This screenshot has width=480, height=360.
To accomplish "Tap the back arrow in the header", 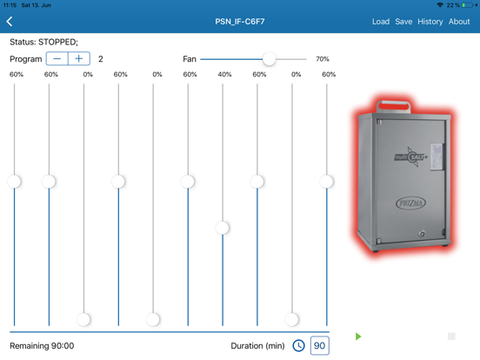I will pyautogui.click(x=10, y=22).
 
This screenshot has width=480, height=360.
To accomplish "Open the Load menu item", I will pyautogui.click(x=381, y=22).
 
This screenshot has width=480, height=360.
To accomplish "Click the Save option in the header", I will pyautogui.click(x=403, y=22).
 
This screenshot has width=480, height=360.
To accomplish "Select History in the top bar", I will pyautogui.click(x=430, y=22).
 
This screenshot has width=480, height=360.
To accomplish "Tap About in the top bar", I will pyautogui.click(x=459, y=22).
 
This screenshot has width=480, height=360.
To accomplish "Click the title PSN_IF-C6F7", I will pyautogui.click(x=240, y=22).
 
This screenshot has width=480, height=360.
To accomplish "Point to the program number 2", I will pyautogui.click(x=101, y=59).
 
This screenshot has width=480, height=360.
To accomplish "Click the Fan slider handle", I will pyautogui.click(x=269, y=59).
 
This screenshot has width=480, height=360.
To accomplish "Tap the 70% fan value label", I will pyautogui.click(x=322, y=59).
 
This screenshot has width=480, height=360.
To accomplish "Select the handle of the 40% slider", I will pyautogui.click(x=223, y=228).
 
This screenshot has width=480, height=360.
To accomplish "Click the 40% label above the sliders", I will pyautogui.click(x=224, y=75).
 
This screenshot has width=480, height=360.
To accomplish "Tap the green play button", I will pyautogui.click(x=358, y=337).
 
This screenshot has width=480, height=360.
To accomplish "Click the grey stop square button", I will pyautogui.click(x=451, y=336).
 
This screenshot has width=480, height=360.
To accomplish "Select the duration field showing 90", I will pyautogui.click(x=319, y=345).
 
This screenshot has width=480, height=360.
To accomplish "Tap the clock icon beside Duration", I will pyautogui.click(x=298, y=345).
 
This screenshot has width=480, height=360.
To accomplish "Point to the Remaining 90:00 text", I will pyautogui.click(x=42, y=346).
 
